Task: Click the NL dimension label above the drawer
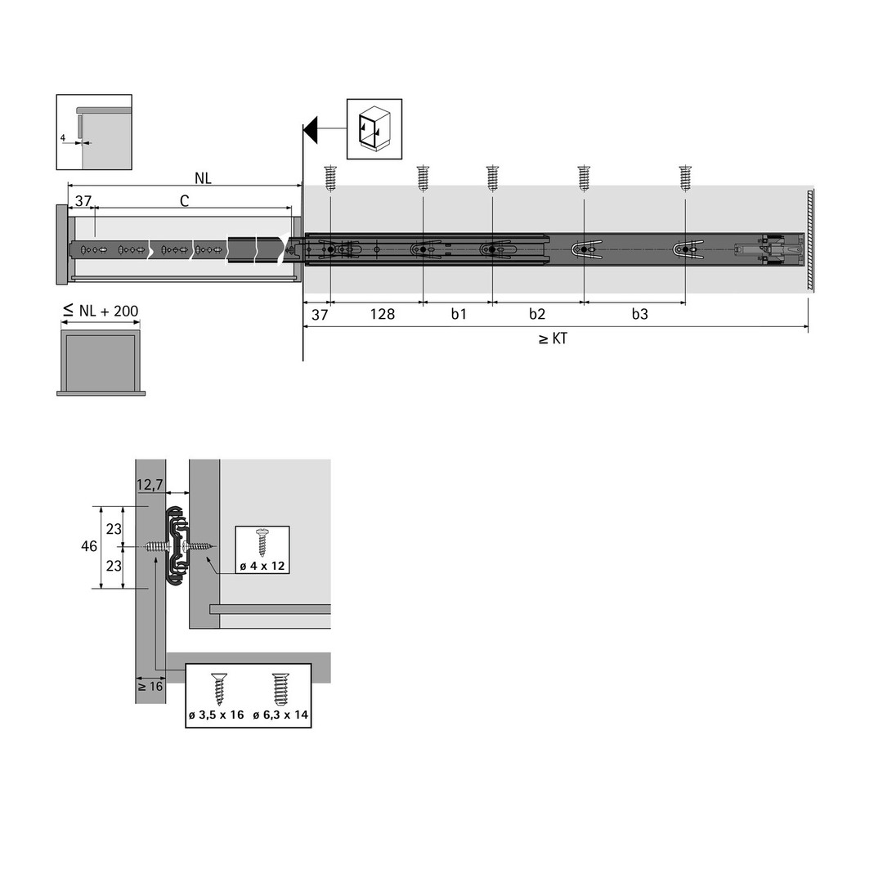(x=203, y=178)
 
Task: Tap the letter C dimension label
(x=184, y=201)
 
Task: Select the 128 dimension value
(x=383, y=314)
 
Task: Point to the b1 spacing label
(x=459, y=314)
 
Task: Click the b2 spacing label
(x=536, y=314)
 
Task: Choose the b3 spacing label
(x=639, y=314)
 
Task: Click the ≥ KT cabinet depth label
(x=553, y=339)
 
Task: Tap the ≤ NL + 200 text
(x=101, y=311)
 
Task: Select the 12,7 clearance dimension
(x=150, y=484)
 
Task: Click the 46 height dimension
(x=89, y=546)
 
